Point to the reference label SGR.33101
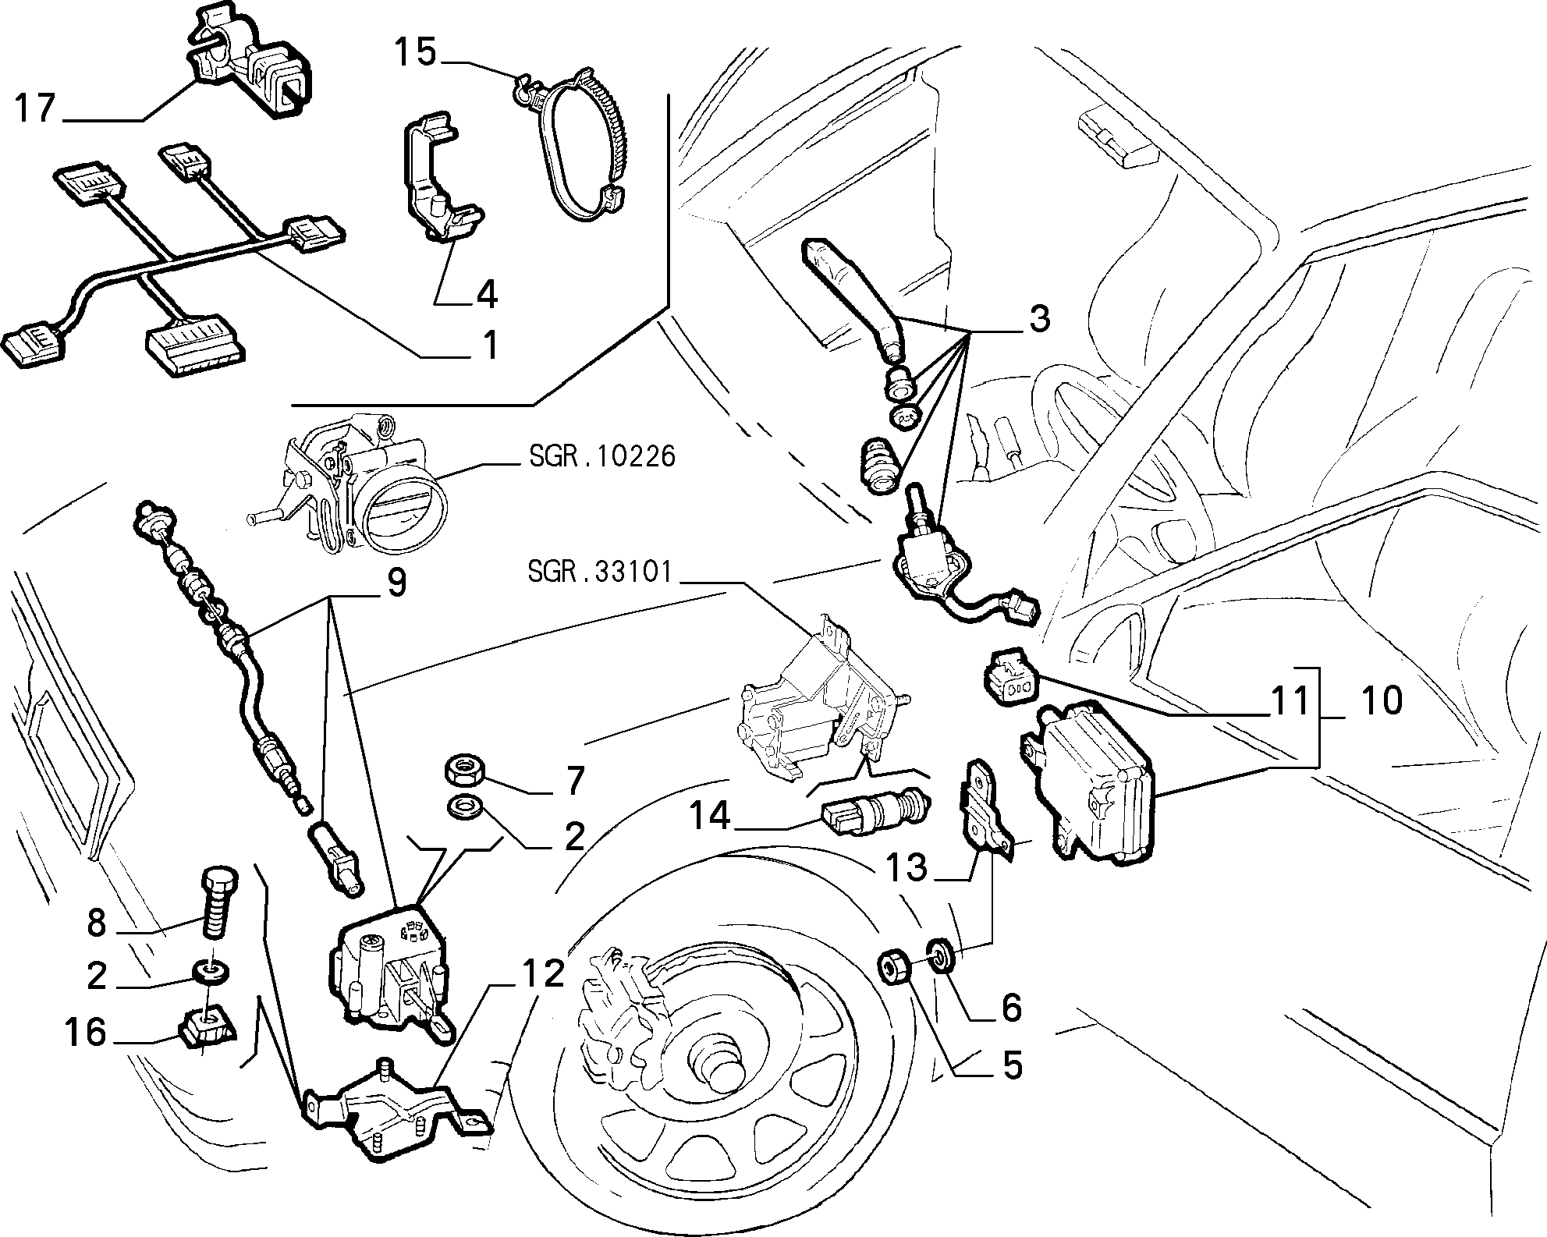pos(599,572)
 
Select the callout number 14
pos(709,817)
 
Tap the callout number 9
pos(397,583)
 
